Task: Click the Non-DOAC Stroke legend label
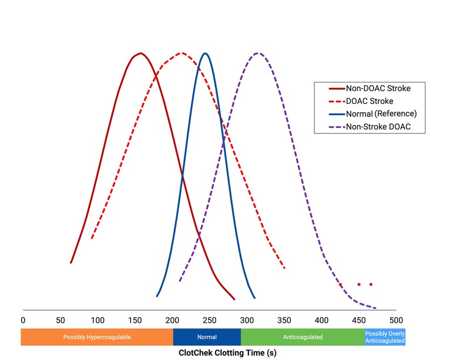[x=378, y=89]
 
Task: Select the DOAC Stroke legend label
[x=370, y=101]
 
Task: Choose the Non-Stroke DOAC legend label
[x=378, y=126]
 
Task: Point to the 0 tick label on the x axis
[x=23, y=320]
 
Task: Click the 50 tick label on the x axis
[x=60, y=320]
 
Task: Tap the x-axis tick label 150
[x=135, y=320]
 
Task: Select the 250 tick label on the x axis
[x=209, y=320]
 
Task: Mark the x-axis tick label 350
[x=284, y=320]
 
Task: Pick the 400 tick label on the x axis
[x=321, y=320]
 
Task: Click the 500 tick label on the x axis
[x=396, y=320]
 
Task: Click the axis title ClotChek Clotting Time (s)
[x=227, y=353]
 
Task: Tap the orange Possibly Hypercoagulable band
[x=97, y=337]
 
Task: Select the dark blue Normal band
[x=207, y=337]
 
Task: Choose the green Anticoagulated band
[x=303, y=337]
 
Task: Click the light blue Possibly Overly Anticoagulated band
[x=385, y=337]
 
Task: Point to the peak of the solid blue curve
[x=204, y=53]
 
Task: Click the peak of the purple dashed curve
[x=257, y=53]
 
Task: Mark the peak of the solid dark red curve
[x=139, y=53]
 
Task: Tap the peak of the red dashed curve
[x=182, y=53]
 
